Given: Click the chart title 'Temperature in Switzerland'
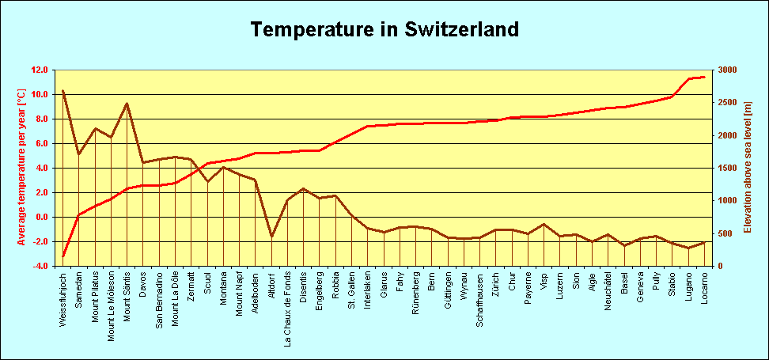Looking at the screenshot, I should pos(384,30).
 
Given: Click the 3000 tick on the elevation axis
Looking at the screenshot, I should pos(727,70).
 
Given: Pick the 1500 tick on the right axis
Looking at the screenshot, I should pos(727,168).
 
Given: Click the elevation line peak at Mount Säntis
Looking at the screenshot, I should pos(127,104).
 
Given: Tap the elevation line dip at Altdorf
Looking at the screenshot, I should pos(271,236).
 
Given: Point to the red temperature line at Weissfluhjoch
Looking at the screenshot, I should pos(63,256).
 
